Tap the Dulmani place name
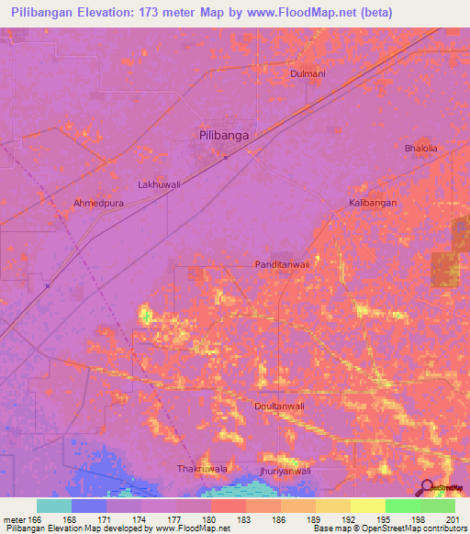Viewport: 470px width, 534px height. tap(308, 73)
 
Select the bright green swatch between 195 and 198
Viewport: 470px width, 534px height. tap(403, 506)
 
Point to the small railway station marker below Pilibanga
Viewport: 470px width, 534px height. tap(227, 155)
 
